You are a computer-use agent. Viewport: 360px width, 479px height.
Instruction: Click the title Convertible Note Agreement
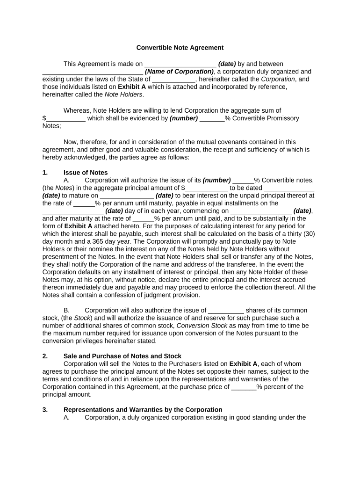tap(180, 48)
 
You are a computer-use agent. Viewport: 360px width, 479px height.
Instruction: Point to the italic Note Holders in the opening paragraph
tap(123, 94)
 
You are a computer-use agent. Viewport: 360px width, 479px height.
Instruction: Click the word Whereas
tap(77, 110)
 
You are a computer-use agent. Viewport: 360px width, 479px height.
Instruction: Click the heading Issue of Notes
tap(86, 173)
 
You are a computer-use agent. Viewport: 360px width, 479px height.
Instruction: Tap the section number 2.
tap(45, 356)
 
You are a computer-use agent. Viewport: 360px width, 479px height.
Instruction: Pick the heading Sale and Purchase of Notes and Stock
tap(122, 356)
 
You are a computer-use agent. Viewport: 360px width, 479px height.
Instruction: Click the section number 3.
tap(45, 409)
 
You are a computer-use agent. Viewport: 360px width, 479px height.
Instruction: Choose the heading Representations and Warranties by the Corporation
tap(143, 409)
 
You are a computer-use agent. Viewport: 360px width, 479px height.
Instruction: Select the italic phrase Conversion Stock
tap(202, 326)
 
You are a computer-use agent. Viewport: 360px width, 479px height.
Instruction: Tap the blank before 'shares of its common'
tap(226, 310)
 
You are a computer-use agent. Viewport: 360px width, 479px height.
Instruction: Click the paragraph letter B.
tap(66, 310)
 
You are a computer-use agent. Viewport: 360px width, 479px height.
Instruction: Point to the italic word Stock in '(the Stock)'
tap(83, 318)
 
